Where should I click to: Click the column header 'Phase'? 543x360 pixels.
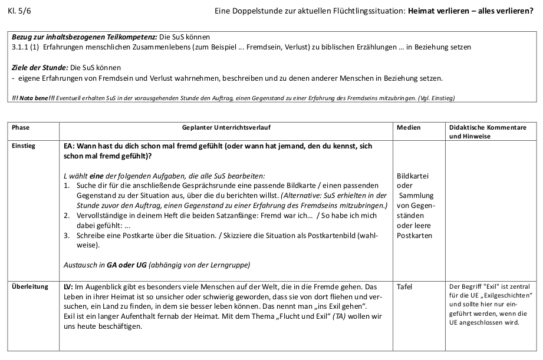(x=21, y=127)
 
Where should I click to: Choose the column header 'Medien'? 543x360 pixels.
(x=409, y=127)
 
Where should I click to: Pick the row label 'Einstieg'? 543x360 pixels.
(x=24, y=146)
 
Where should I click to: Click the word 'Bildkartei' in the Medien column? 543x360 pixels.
(x=413, y=176)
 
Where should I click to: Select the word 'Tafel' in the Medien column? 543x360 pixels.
(x=405, y=287)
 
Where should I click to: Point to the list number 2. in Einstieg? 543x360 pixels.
(x=67, y=216)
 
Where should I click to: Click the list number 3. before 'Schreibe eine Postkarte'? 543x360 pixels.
(x=67, y=236)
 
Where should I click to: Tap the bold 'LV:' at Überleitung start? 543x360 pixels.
(x=68, y=287)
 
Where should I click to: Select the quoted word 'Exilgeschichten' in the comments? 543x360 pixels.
(x=506, y=295)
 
